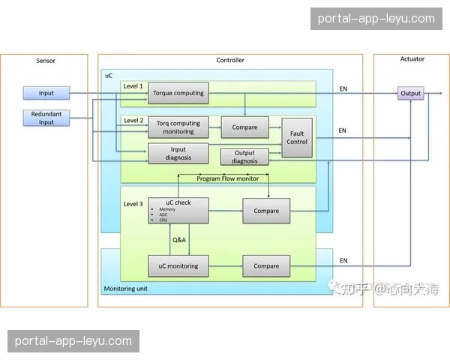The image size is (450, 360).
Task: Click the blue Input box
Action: click(46, 94)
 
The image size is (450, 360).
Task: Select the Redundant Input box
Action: click(46, 118)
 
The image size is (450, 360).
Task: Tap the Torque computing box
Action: click(178, 94)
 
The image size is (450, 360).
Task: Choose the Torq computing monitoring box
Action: click(178, 127)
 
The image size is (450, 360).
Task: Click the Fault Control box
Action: click(297, 137)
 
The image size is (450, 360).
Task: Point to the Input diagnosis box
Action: click(178, 153)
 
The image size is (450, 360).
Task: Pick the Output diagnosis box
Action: click(244, 157)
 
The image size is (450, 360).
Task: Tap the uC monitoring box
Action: click(178, 265)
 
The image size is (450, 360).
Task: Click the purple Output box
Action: click(410, 94)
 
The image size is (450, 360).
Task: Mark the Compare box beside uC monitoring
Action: click(266, 265)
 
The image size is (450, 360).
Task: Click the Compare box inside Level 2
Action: click(244, 127)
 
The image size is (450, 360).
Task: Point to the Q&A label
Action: click(179, 240)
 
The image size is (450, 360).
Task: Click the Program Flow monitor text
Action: click(227, 178)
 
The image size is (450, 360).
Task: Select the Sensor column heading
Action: click(46, 60)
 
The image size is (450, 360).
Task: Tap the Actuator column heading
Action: click(412, 59)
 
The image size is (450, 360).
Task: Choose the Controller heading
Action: click(230, 60)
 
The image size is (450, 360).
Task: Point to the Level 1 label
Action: click(133, 86)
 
